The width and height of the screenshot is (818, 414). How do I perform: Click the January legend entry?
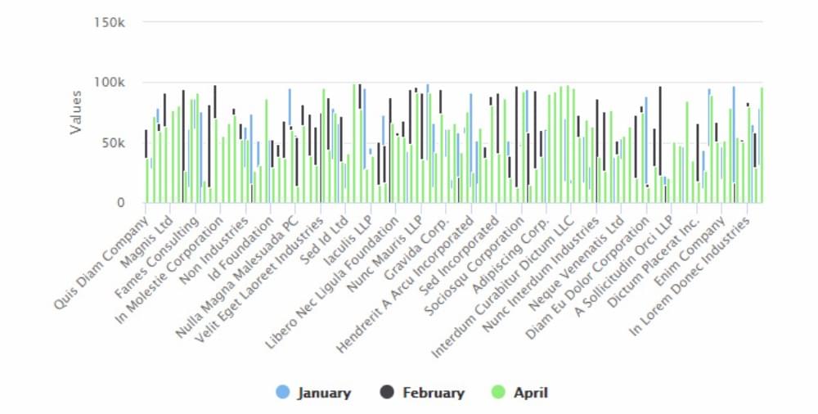point(324,393)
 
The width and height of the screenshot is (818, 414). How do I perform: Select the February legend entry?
point(433,393)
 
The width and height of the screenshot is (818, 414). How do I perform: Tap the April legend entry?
point(530,393)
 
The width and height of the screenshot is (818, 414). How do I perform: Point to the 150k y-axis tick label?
point(109,22)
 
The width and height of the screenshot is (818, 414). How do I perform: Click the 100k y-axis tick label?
point(109,83)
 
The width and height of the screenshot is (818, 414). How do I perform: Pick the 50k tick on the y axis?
point(112,143)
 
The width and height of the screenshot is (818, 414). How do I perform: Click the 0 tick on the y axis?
point(119,203)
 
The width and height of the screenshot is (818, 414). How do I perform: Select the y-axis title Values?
point(76,112)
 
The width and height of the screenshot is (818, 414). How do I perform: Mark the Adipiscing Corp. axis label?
point(519,243)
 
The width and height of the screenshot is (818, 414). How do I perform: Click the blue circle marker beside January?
point(282,393)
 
